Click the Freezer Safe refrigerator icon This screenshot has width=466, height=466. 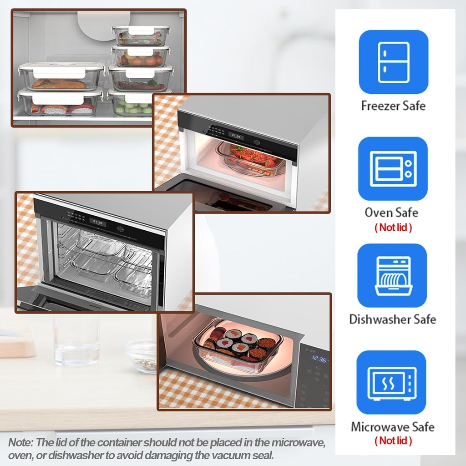tap(393, 62)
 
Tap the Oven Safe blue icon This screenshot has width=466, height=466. tap(393, 169)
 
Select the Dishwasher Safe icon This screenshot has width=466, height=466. tap(392, 275)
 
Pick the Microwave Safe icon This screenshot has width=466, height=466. tap(391, 382)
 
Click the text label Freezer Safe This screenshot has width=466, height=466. tap(393, 106)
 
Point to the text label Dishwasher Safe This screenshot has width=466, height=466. tap(392, 319)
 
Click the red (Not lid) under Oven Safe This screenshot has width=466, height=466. tap(393, 228)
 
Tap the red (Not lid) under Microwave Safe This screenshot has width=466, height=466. tap(393, 441)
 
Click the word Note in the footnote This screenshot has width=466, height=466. tap(20, 442)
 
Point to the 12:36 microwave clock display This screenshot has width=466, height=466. tap(319, 360)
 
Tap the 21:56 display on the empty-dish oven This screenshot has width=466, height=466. tap(97, 223)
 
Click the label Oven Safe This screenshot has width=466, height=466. tap(391, 213)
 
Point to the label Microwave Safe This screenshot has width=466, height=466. tap(392, 427)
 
